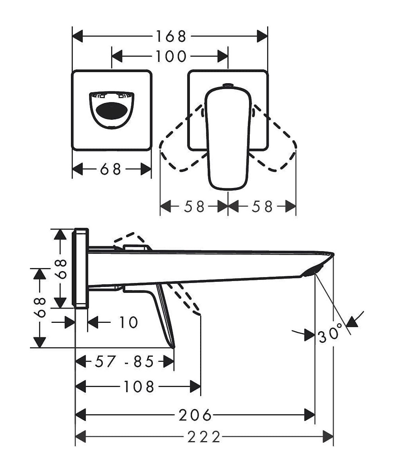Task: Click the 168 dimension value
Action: coord(170,37)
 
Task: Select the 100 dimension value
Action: coord(170,56)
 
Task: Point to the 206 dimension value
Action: coord(195,415)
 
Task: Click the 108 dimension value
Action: coord(138,387)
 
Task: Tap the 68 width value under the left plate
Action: coord(111,170)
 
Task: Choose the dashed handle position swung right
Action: coord(276,142)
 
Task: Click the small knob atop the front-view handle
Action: coord(228,85)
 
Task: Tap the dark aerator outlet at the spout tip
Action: coord(313,270)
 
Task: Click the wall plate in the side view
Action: coord(82,268)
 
